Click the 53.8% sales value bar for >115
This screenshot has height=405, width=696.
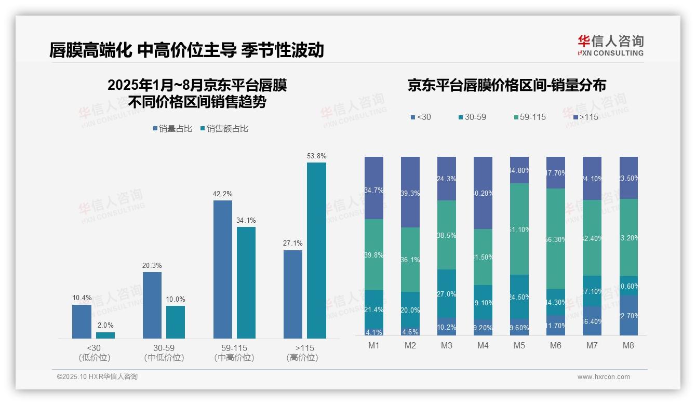(x=316, y=250)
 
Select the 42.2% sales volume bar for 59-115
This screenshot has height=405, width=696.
(x=222, y=269)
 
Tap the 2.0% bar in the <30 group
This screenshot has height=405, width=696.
(x=105, y=335)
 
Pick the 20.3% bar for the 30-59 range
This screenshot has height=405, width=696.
(x=152, y=305)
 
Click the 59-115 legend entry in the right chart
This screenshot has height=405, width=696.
(x=529, y=117)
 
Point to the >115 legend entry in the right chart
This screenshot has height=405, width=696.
(x=585, y=117)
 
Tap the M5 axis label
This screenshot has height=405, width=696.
(x=519, y=346)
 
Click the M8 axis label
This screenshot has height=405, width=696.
(x=628, y=346)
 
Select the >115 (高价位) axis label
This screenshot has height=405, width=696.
(x=302, y=353)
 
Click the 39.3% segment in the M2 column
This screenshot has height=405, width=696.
(x=410, y=192)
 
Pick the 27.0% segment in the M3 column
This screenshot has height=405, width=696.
(x=446, y=293)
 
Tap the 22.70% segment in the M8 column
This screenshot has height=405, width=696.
(x=628, y=315)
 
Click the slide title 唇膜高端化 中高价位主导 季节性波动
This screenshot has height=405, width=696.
(x=186, y=50)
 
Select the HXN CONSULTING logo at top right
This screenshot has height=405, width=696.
(x=610, y=46)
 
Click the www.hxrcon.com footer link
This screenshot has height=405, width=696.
(x=603, y=377)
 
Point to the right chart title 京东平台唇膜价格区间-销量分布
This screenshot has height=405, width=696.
(x=506, y=86)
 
